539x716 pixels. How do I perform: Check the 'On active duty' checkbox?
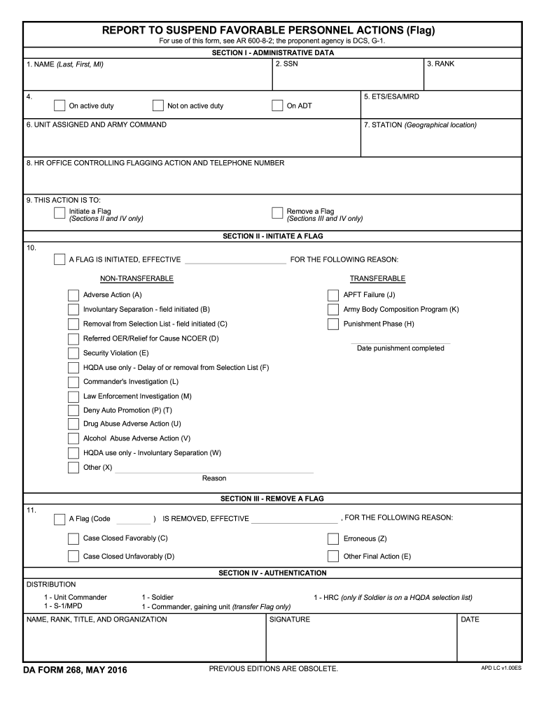click(59, 106)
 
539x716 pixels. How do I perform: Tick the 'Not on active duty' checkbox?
click(157, 106)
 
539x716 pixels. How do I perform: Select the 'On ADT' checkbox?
click(277, 106)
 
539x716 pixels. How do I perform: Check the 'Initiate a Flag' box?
click(59, 213)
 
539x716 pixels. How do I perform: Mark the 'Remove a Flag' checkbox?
click(277, 213)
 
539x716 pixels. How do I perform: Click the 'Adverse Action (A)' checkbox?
click(73, 295)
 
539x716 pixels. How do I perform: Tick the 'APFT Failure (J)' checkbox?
click(333, 295)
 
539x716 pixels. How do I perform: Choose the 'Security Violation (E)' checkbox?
click(73, 353)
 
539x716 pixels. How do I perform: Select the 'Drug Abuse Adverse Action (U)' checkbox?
click(73, 424)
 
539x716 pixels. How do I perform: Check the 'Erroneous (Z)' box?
click(333, 539)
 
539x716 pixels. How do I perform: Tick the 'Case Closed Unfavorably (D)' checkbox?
click(73, 557)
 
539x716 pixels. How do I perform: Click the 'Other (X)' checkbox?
click(73, 468)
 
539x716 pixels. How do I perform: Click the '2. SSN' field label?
click(286, 64)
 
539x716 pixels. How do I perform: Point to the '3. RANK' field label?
click(440, 64)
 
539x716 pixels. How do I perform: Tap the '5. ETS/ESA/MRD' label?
click(391, 96)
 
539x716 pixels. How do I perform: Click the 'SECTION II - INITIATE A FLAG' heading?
click(272, 236)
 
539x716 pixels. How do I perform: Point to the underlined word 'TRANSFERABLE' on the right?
click(377, 279)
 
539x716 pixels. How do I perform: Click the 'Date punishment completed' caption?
click(400, 348)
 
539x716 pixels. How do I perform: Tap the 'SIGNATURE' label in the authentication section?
click(290, 620)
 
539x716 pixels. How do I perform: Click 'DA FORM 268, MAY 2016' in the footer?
click(74, 671)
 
